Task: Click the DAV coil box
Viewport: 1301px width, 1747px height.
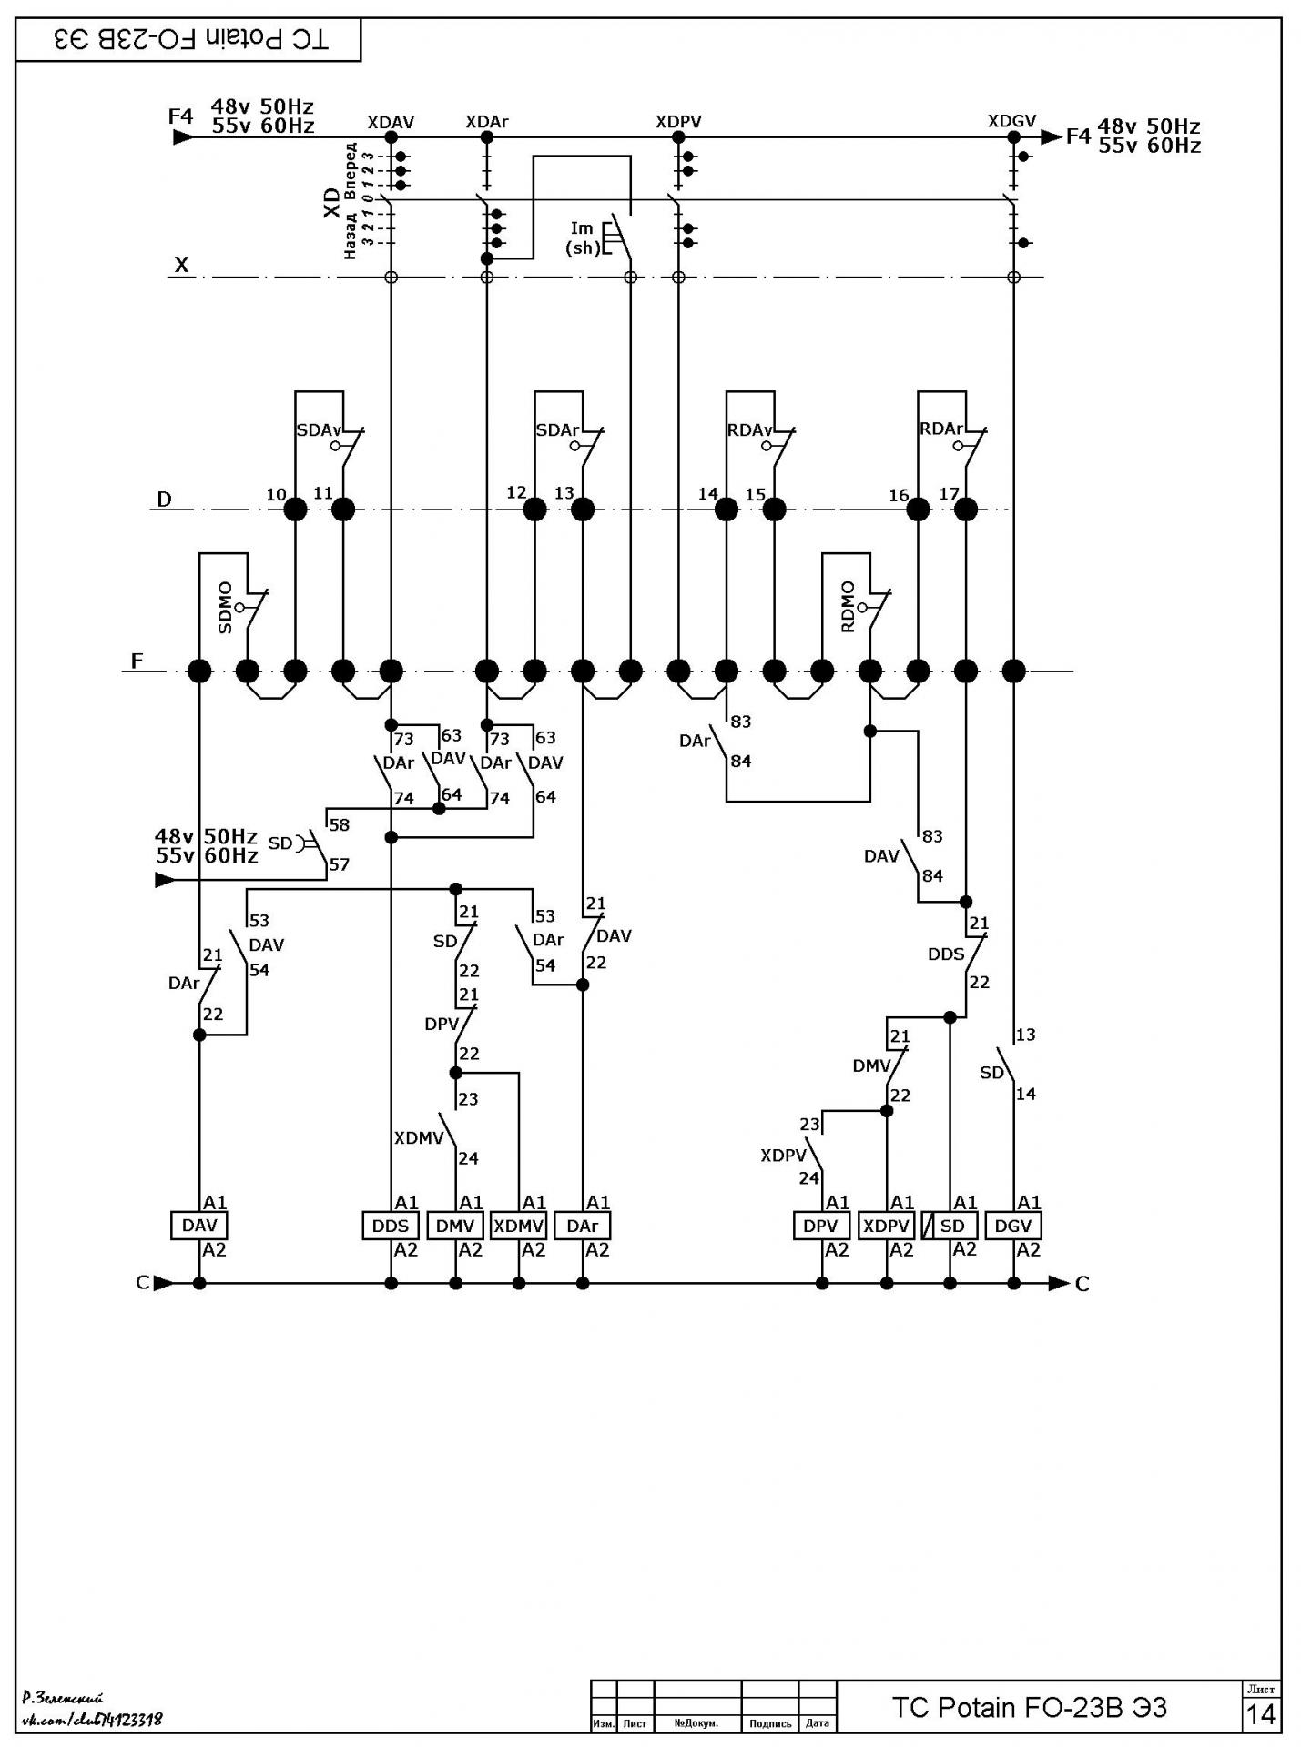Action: click(199, 1226)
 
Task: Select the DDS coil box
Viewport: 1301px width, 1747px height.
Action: click(391, 1226)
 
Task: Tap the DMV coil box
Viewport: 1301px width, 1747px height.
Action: click(455, 1226)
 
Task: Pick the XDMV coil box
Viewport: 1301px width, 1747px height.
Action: click(519, 1226)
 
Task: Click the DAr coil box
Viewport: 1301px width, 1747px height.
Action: click(583, 1226)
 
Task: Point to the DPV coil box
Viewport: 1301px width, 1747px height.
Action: click(822, 1226)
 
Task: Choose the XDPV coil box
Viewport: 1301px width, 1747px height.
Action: click(886, 1226)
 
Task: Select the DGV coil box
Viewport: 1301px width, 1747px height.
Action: click(1013, 1226)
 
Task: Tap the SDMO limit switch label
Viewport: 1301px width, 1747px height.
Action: click(226, 608)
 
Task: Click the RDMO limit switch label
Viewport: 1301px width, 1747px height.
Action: click(849, 607)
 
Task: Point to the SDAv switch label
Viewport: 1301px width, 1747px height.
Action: click(319, 430)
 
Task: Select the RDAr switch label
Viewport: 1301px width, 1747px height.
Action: click(941, 429)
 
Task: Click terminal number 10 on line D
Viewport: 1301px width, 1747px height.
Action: click(276, 494)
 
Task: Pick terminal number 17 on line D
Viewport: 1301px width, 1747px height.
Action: click(950, 494)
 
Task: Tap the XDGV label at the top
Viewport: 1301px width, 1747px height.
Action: click(1012, 121)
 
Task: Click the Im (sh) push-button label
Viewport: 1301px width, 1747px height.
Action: click(583, 237)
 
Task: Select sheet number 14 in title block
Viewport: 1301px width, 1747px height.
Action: click(1261, 1714)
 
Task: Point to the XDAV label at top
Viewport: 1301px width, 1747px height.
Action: click(391, 122)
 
